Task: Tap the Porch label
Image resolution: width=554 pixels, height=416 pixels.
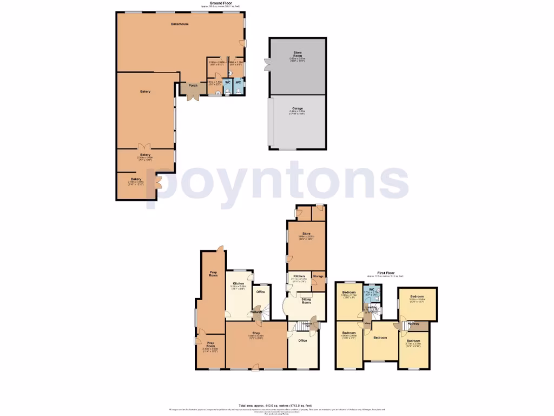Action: [x=193, y=86]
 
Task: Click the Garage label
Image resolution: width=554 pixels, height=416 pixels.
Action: [x=297, y=108]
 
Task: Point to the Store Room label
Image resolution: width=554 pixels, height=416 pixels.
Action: [x=297, y=53]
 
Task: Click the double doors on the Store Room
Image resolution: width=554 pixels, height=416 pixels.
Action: [x=266, y=64]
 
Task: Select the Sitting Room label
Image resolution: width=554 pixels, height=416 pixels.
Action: [x=306, y=302]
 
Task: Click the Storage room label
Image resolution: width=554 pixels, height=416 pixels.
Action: [x=319, y=277]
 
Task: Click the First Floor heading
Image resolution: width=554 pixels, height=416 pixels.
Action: [x=385, y=274]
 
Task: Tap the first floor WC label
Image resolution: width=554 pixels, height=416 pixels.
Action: [x=372, y=289]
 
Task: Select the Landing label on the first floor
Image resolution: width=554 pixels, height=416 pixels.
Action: [x=372, y=307]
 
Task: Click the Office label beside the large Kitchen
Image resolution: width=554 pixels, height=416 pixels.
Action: [x=260, y=292]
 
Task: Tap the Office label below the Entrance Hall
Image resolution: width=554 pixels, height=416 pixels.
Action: [x=303, y=341]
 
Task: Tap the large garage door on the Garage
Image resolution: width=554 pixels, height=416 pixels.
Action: [x=271, y=122]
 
